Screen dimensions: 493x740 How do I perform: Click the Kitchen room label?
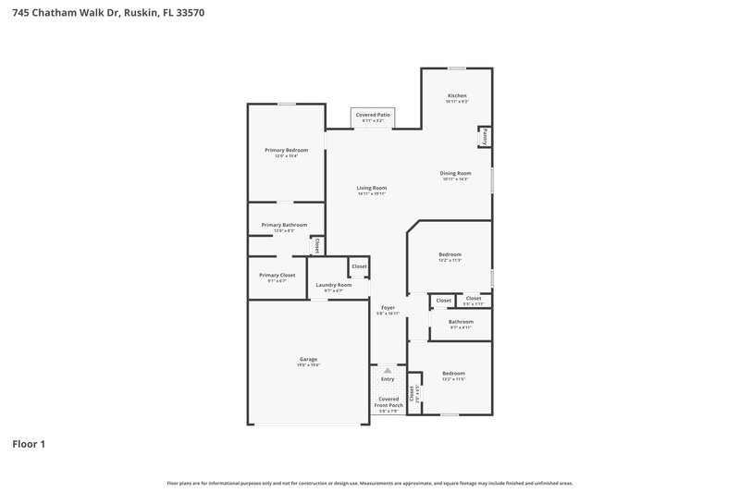[457, 95]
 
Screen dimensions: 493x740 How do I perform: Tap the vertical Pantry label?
[484, 136]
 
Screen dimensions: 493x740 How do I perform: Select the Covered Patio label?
[373, 115]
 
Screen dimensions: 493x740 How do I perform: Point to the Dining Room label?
[455, 173]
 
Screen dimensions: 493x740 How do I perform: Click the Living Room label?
[372, 188]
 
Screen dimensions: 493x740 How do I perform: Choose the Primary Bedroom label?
[286, 150]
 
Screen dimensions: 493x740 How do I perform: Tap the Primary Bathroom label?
[284, 225]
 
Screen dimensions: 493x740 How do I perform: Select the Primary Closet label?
[277, 275]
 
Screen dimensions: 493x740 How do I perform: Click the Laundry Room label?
[333, 285]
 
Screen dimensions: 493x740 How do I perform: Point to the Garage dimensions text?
[308, 365]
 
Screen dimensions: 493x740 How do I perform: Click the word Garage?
[308, 359]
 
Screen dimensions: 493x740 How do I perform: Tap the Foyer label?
[387, 308]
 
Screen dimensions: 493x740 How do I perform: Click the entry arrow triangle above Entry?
[388, 370]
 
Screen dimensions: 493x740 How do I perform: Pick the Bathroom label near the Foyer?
[461, 322]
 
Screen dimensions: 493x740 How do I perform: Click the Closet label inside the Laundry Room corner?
[359, 266]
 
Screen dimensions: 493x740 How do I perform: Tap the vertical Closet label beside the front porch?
[413, 392]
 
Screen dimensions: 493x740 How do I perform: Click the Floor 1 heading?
[29, 444]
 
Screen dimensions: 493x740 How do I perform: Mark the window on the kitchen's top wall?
[456, 68]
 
